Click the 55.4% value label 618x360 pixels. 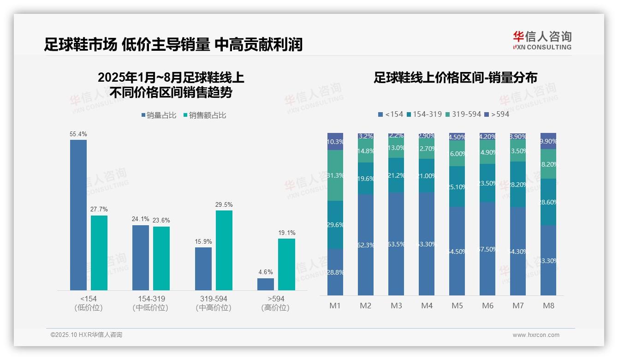(78, 134)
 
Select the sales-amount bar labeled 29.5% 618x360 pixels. (224, 250)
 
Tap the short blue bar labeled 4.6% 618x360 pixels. (266, 284)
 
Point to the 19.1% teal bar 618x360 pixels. (286, 264)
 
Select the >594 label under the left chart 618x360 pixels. (276, 299)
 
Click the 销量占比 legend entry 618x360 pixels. (159, 115)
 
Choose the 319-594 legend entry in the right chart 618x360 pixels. (463, 114)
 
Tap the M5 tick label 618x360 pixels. (457, 306)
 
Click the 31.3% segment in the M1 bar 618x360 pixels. (335, 175)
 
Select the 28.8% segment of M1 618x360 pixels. (335, 272)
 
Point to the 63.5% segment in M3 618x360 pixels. (396, 244)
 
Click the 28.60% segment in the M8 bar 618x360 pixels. (548, 202)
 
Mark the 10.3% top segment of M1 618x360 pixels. (335, 142)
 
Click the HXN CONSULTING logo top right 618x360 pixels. (542, 41)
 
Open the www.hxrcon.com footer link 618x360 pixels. (536, 335)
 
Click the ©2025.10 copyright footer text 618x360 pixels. (86, 335)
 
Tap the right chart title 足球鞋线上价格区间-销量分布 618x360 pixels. (455, 78)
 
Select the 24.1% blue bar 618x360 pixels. (141, 258)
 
